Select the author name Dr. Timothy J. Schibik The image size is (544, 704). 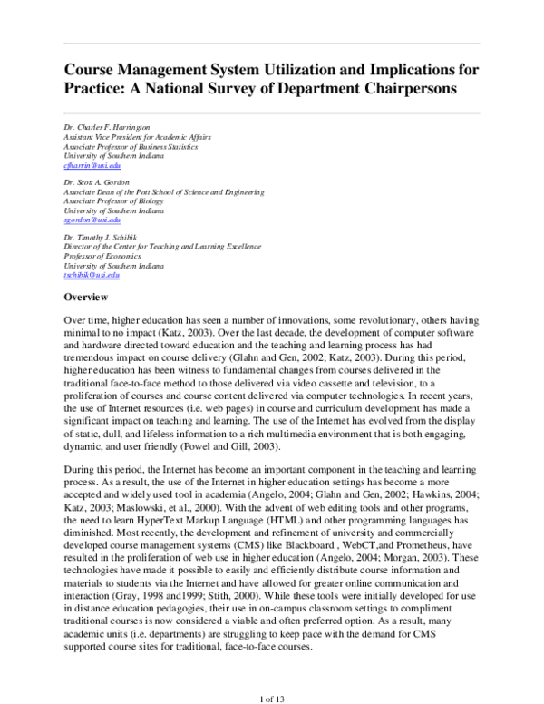pyautogui.click(x=100, y=237)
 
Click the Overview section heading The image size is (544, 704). pyautogui.click(x=86, y=298)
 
